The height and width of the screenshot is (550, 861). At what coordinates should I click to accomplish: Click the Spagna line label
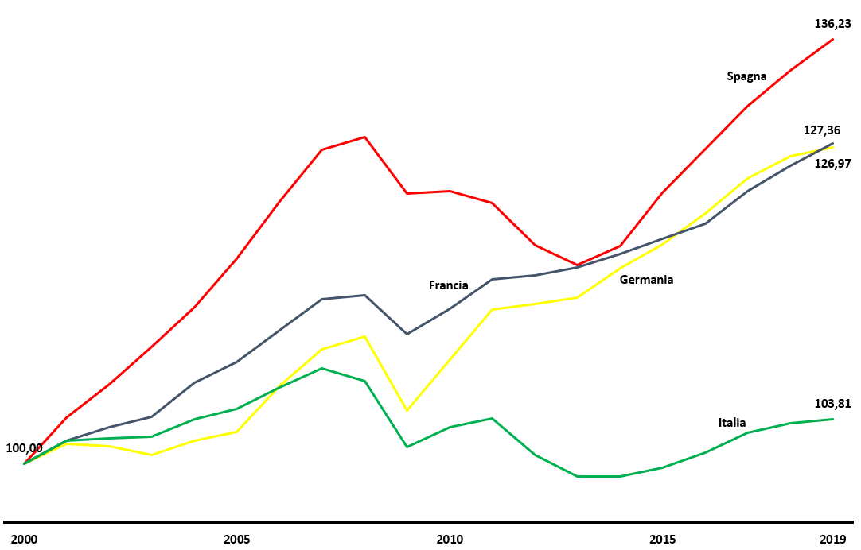click(746, 76)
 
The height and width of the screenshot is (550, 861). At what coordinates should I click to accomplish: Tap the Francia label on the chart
click(448, 285)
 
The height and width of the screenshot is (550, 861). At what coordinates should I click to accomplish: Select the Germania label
click(646, 280)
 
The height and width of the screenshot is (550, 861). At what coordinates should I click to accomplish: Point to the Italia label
click(732, 423)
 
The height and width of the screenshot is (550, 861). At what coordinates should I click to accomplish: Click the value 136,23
click(832, 24)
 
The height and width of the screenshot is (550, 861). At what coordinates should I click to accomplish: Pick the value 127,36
click(821, 130)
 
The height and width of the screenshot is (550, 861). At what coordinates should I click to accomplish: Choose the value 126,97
click(832, 164)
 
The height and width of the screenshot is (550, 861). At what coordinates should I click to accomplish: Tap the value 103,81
click(832, 404)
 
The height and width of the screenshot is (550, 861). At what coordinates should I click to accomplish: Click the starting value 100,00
click(24, 448)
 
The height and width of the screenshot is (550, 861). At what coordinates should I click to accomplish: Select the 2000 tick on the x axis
click(25, 540)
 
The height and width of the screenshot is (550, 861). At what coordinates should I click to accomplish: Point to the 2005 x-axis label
click(236, 540)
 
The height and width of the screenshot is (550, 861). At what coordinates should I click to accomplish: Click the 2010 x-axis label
click(450, 540)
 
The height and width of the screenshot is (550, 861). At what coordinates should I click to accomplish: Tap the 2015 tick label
click(662, 540)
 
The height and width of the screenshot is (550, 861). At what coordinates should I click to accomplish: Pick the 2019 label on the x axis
click(832, 540)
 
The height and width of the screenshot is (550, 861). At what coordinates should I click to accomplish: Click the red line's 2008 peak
click(364, 137)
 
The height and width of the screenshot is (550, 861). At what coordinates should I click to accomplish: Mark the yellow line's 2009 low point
click(407, 410)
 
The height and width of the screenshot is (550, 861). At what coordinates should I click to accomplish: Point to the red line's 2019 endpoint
click(833, 39)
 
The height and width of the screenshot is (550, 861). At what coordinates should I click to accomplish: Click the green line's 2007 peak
click(321, 368)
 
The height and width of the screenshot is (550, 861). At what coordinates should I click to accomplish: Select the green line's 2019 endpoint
click(833, 419)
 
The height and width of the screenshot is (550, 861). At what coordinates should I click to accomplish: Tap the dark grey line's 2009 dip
click(407, 334)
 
